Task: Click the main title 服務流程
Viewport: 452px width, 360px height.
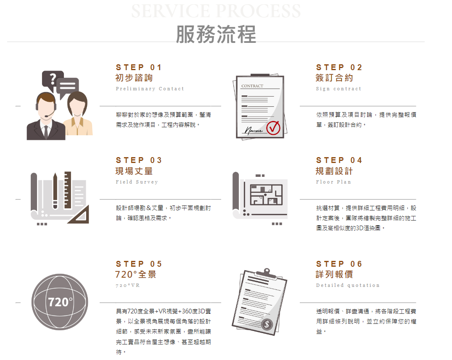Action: click(x=216, y=34)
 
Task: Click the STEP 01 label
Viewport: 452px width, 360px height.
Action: click(x=139, y=67)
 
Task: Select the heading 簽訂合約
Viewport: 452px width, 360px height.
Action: click(x=334, y=78)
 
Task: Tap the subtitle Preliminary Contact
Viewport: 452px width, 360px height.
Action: click(x=150, y=89)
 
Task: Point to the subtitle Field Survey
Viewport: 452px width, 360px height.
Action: click(x=137, y=182)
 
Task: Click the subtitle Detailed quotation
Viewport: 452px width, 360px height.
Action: click(x=348, y=285)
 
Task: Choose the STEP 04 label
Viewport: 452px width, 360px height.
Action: click(x=339, y=160)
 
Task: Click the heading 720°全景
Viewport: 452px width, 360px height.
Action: click(x=136, y=274)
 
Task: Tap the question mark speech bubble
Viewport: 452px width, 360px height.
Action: click(x=52, y=79)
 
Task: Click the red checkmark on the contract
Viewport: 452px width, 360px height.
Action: click(x=273, y=128)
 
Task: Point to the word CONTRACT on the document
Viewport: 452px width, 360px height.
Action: click(x=252, y=86)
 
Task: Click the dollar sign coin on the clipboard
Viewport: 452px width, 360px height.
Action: click(x=267, y=324)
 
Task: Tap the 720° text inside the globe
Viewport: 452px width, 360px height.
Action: click(x=60, y=302)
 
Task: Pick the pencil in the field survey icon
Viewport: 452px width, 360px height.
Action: click(x=55, y=191)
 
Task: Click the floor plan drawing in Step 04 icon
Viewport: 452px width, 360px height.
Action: click(x=266, y=194)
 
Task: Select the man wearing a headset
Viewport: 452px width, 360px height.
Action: click(x=46, y=116)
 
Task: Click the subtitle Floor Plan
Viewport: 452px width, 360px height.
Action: click(x=333, y=182)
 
